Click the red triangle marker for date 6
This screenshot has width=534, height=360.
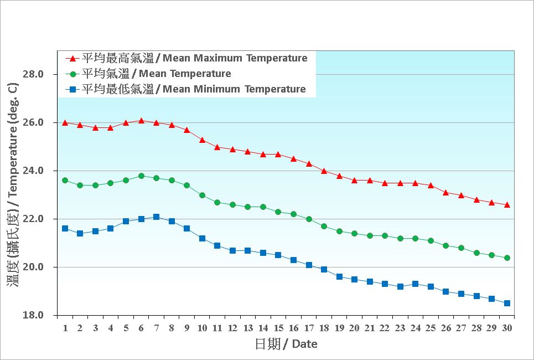coord(141,120)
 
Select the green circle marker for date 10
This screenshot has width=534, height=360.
coord(202,195)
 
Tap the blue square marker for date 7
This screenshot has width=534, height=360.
coord(157,217)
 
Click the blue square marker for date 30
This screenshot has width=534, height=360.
coord(507,303)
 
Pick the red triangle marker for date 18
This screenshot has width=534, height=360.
coord(324,171)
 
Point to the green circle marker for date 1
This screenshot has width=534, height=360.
coord(65,180)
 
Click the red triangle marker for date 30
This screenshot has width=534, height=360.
coord(507,204)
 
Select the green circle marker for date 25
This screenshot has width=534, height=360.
coord(431,240)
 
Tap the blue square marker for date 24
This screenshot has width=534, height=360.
coord(415,284)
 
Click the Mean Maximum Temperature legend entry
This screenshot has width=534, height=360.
coord(194,58)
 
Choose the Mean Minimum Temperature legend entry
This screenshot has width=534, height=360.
coord(193,89)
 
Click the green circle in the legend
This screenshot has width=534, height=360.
coord(72,74)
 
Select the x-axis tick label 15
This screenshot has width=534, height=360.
coord(278,328)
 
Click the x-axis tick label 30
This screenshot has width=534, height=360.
coord(507,328)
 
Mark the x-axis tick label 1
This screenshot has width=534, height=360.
coord(65,328)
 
